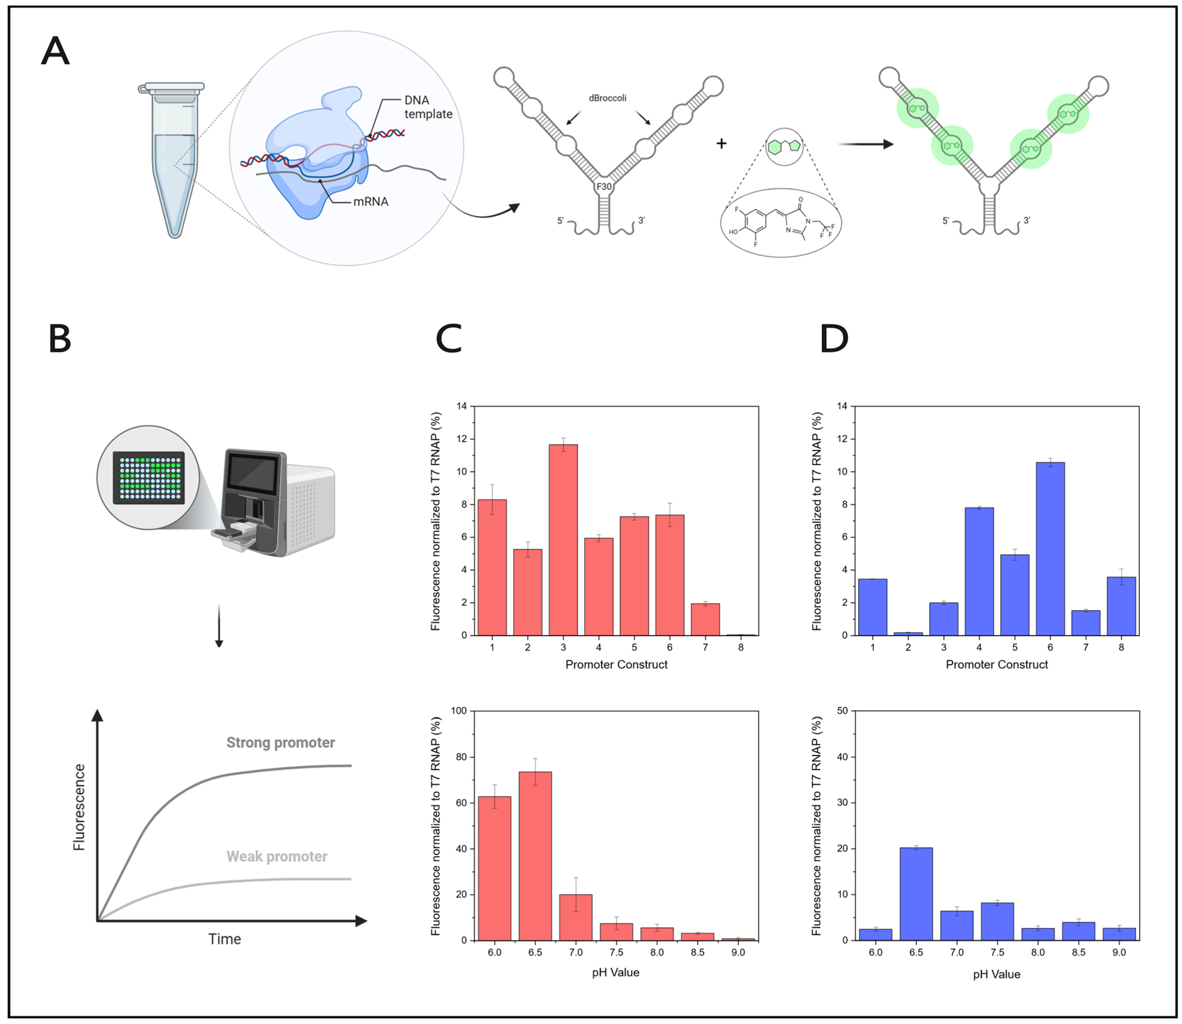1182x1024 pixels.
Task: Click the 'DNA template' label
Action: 428,107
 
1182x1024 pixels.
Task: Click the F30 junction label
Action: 604,187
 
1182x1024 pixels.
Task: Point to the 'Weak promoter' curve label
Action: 277,857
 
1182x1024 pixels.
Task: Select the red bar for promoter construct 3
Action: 563,540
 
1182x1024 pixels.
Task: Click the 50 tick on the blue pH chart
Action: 842,711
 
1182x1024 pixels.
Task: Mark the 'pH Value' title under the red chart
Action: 615,972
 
